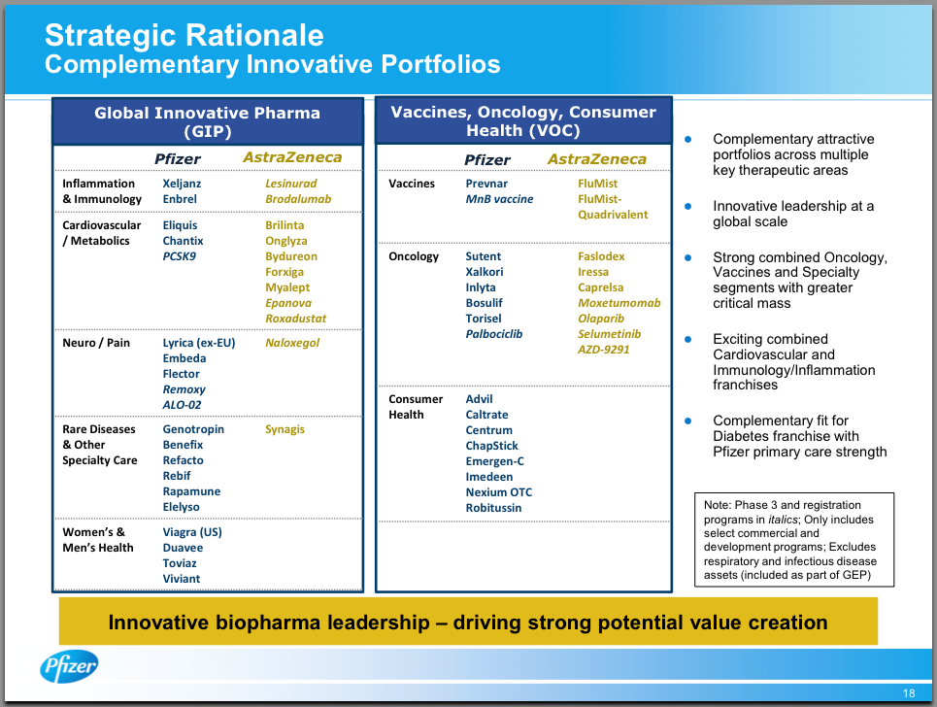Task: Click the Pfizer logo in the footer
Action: click(69, 666)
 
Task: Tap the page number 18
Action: click(909, 693)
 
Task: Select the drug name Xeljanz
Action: click(182, 184)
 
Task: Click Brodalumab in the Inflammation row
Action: click(298, 199)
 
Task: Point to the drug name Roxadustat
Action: click(296, 319)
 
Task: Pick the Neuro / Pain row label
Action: click(96, 343)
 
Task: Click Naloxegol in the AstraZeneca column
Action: click(292, 343)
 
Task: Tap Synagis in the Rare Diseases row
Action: click(285, 429)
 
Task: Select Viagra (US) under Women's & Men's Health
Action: click(192, 532)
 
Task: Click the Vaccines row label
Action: click(412, 184)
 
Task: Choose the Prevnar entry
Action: click(486, 184)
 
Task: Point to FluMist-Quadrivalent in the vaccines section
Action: click(613, 199)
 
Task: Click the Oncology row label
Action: click(414, 256)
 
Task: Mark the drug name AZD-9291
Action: click(604, 350)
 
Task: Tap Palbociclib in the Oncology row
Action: click(494, 334)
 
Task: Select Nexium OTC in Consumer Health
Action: click(499, 492)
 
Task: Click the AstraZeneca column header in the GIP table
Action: click(292, 157)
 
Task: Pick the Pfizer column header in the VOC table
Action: click(487, 159)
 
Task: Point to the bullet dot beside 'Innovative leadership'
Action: click(687, 206)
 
